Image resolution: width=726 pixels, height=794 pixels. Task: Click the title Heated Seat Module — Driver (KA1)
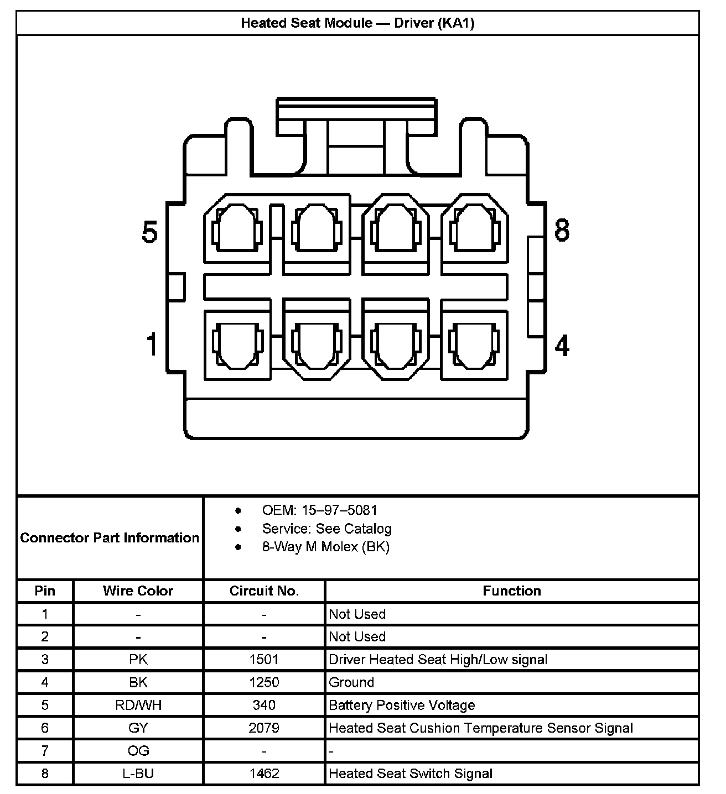(357, 23)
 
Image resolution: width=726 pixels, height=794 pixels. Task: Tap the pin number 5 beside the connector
(150, 232)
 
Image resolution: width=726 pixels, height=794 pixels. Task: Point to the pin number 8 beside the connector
(562, 230)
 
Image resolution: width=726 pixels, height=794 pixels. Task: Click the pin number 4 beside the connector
(562, 346)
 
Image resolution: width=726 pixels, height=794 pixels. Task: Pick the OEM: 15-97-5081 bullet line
(319, 510)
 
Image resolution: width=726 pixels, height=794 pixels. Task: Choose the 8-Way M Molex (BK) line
(325, 547)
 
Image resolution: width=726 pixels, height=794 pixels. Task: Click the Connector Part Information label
(110, 537)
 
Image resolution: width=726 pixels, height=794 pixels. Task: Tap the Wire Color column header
(138, 591)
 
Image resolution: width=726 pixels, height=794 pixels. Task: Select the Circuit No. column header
(264, 591)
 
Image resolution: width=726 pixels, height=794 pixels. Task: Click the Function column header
(511, 591)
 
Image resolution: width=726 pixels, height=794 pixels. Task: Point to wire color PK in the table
(138, 659)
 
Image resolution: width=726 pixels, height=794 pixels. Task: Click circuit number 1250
(264, 682)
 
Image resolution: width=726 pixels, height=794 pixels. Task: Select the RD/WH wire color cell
(138, 705)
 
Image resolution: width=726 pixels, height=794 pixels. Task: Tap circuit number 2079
(264, 728)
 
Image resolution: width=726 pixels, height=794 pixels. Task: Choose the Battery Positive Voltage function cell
(402, 705)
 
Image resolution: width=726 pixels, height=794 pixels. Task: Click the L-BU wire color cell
(138, 773)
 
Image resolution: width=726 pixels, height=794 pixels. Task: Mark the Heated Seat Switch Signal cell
(410, 773)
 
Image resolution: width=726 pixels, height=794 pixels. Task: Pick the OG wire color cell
(138, 750)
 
